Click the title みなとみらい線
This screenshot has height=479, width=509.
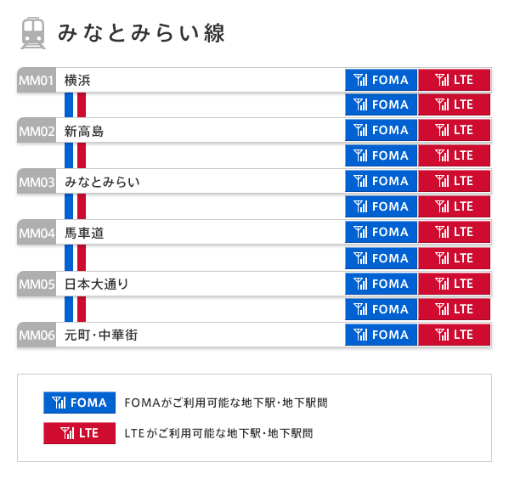[141, 33]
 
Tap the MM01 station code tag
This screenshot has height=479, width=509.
[37, 81]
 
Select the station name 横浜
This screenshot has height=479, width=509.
[77, 81]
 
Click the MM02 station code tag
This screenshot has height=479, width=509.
[37, 132]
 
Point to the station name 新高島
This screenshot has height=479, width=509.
[84, 132]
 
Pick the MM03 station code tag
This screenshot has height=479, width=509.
[37, 182]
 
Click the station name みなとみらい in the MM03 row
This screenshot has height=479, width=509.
[102, 182]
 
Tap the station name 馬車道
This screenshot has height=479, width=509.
[84, 233]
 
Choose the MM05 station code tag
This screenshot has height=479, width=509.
[37, 284]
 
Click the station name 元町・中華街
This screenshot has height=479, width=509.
[101, 335]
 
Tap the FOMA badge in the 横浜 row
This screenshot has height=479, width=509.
[381, 81]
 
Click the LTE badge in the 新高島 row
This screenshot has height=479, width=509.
[455, 131]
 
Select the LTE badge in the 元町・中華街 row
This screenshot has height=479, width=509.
[455, 335]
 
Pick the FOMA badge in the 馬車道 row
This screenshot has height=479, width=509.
[381, 232]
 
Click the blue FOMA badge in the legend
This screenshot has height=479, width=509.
[79, 403]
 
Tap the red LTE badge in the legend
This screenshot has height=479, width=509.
[79, 433]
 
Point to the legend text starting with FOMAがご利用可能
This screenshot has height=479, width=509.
[225, 403]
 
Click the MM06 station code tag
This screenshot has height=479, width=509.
[37, 335]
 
